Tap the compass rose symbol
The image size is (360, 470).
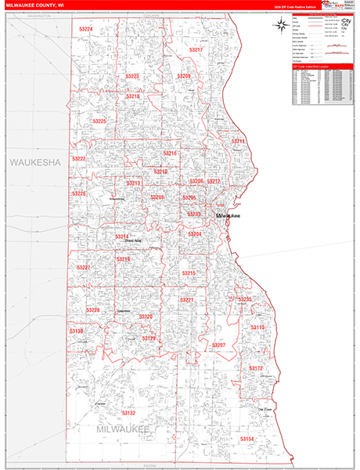pos(280,25)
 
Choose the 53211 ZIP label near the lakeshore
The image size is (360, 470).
pos(239,141)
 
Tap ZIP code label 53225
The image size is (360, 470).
pos(99,121)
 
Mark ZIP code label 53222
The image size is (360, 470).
pos(79,158)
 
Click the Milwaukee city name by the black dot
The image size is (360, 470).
pos(232,215)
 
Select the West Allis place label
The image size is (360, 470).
pos(133,240)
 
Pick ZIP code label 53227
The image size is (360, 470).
pos(83,268)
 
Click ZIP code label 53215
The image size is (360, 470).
pos(189,273)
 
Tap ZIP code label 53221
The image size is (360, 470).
pos(186,300)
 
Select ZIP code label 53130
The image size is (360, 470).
pos(76,331)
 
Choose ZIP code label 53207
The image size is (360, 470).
pos(218,345)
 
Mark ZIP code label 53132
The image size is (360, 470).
pos(128,412)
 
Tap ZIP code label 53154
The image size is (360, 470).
pos(247,439)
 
